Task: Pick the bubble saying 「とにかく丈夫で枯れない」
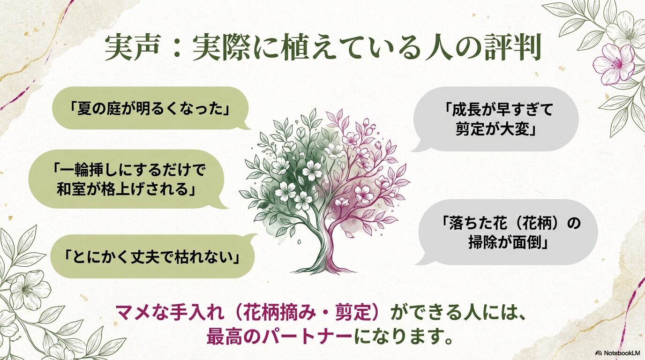click(152, 256)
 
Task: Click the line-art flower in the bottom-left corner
click(29, 288)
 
